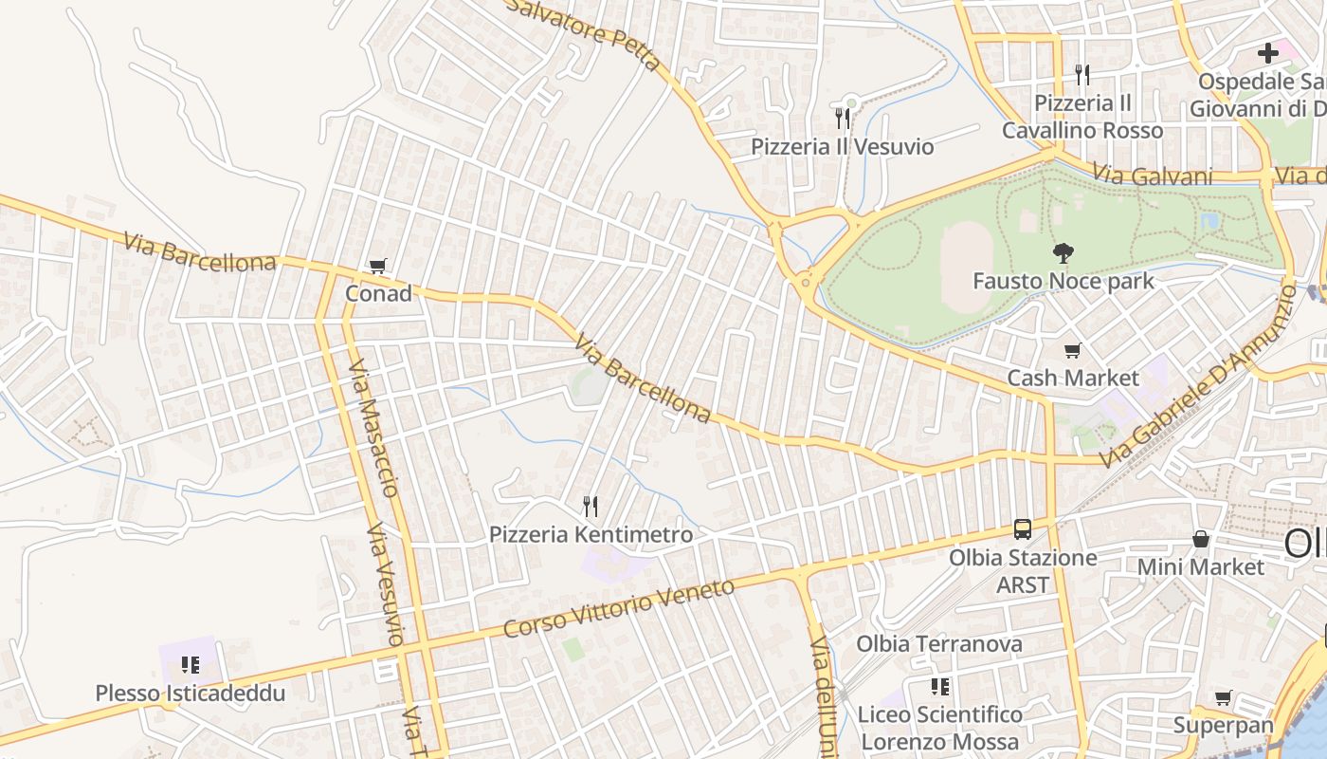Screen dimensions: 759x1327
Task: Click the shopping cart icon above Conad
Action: [x=378, y=267]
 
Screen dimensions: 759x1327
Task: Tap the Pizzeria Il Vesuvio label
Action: [x=842, y=147]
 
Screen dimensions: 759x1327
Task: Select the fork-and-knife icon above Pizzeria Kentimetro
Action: [x=591, y=507]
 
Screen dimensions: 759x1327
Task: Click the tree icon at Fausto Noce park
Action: [x=1063, y=253]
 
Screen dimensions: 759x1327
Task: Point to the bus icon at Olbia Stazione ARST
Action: [x=1023, y=529]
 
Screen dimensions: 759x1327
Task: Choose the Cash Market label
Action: [x=1072, y=378]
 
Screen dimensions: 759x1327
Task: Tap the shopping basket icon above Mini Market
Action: [x=1201, y=540]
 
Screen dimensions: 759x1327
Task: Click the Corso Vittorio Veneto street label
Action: [x=619, y=608]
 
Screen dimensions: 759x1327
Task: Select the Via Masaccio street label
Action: [x=373, y=427]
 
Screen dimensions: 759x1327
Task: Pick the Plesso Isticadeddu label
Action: [x=190, y=694]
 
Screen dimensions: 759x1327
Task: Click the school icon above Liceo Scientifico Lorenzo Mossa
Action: [x=940, y=687]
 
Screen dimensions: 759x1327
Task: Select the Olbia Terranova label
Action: [x=939, y=644]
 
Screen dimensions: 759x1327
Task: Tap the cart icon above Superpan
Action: [x=1224, y=698]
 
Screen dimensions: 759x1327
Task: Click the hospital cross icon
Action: [x=1268, y=53]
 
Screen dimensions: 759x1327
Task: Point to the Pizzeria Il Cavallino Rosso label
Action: [x=1082, y=117]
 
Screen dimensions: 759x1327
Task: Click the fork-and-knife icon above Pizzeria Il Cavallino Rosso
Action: [x=1082, y=74]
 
